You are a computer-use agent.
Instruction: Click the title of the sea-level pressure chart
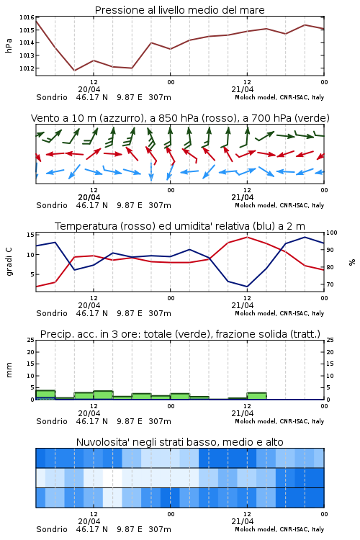(x=179, y=10)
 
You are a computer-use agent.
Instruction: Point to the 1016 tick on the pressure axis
(x=27, y=17)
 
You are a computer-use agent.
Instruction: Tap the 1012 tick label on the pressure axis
(x=27, y=68)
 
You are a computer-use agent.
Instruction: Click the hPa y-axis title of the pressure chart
(x=9, y=45)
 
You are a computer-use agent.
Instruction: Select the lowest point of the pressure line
(x=74, y=71)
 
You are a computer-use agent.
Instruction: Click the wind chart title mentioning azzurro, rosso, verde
(x=180, y=118)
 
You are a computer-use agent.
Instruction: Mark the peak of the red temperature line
(x=247, y=237)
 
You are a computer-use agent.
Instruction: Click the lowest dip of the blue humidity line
(x=247, y=287)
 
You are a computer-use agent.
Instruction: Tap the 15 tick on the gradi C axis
(x=30, y=235)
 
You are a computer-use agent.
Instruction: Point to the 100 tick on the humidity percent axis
(x=331, y=233)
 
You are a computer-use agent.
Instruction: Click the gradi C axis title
(x=9, y=262)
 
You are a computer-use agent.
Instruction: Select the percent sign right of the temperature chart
(x=352, y=262)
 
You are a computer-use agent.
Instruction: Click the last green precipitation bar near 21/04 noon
(x=256, y=396)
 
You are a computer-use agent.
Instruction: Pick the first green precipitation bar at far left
(x=45, y=395)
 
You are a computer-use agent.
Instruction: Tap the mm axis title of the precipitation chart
(x=9, y=370)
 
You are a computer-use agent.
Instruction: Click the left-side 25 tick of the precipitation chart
(x=30, y=341)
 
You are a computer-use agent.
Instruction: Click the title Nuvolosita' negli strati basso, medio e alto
(x=179, y=442)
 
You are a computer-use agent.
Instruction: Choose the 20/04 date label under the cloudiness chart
(x=89, y=521)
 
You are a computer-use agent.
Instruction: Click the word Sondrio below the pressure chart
(x=52, y=97)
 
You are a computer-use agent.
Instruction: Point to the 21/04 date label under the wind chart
(x=242, y=197)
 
